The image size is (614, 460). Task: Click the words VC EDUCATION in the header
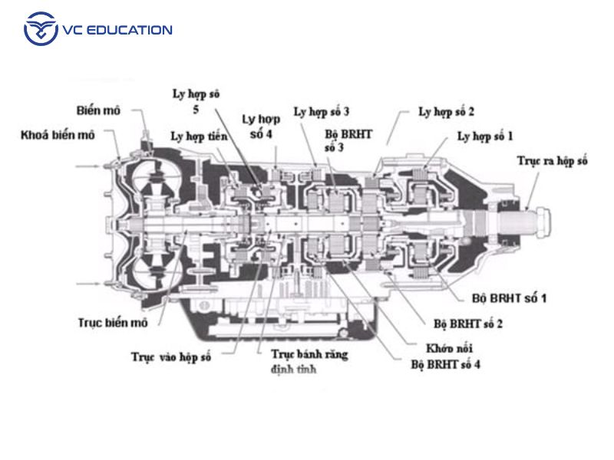click(119, 31)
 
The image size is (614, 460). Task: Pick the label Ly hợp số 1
click(485, 136)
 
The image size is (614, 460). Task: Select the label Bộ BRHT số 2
click(468, 323)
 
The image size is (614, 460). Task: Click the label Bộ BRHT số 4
click(446, 364)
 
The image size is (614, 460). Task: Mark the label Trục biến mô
click(112, 323)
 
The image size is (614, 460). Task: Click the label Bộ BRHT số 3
click(348, 140)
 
